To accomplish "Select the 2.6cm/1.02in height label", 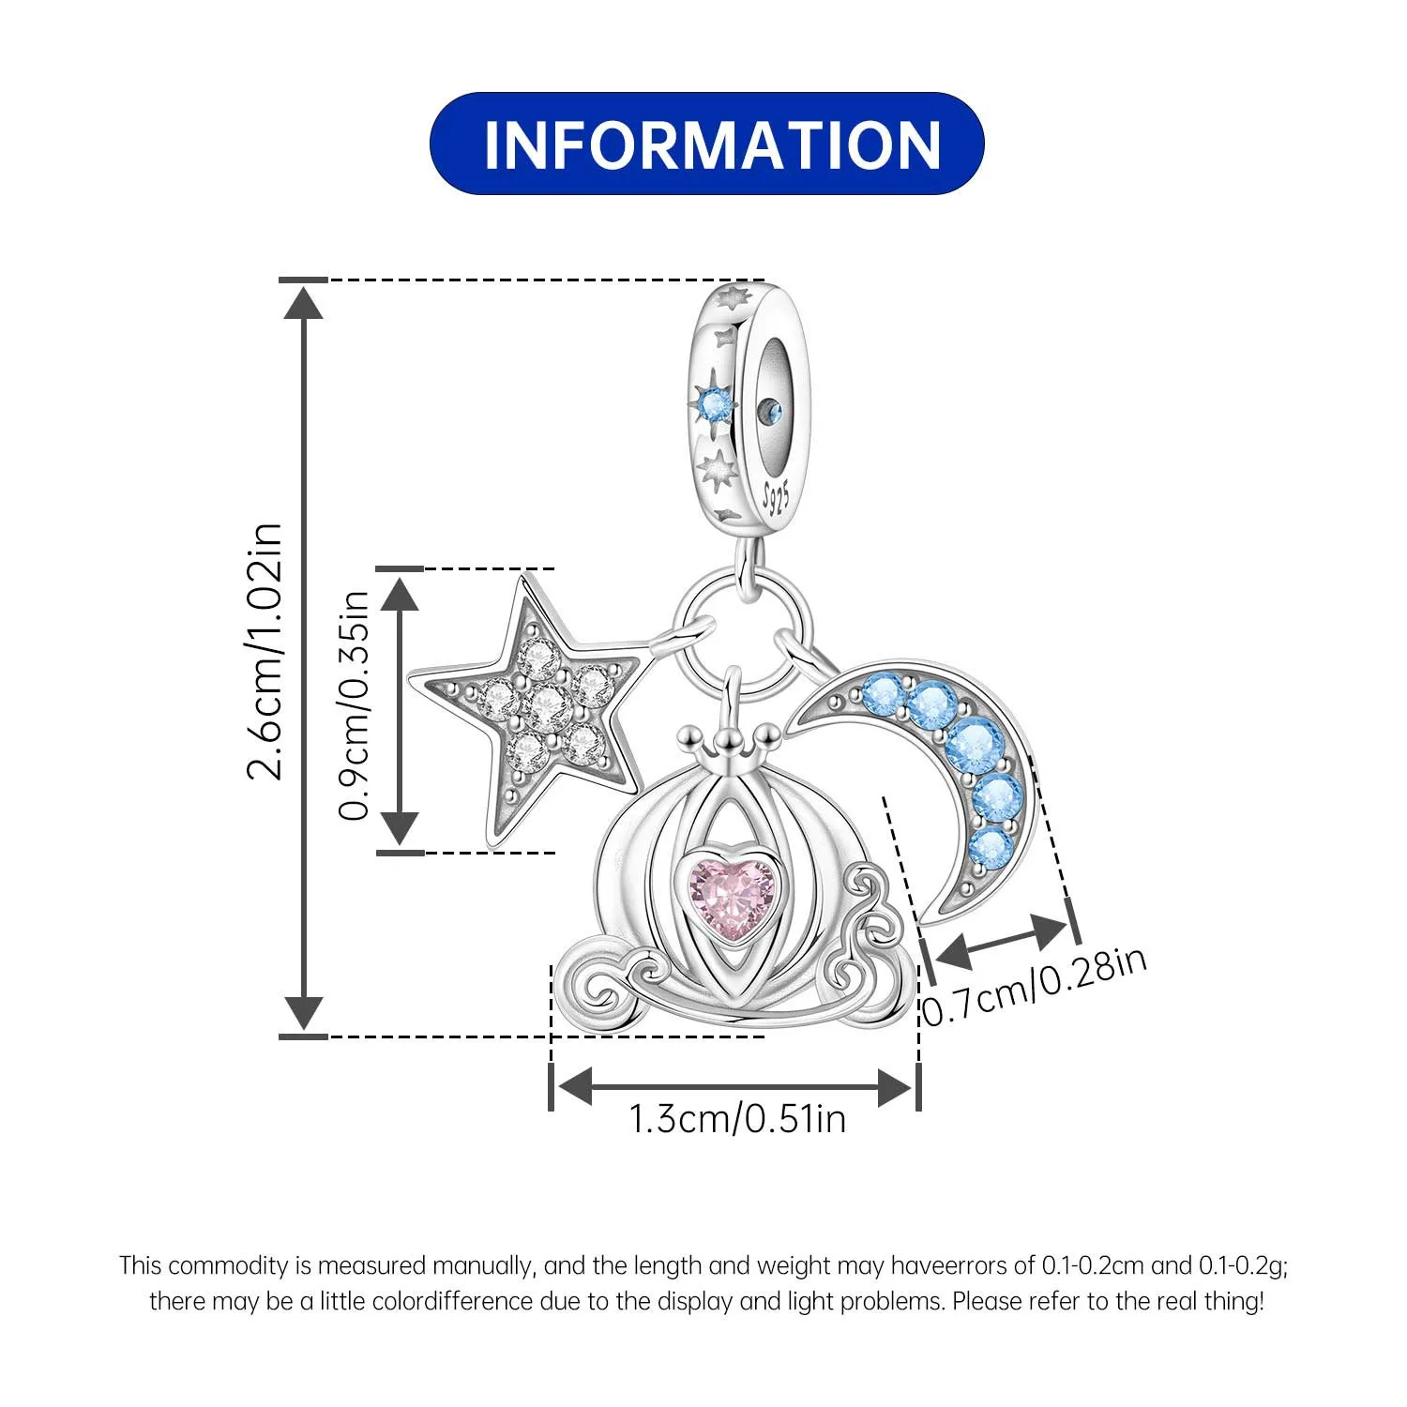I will [x=265, y=652].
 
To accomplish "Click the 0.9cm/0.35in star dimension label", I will [x=356, y=706].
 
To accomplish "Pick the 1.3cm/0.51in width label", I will [x=736, y=1119].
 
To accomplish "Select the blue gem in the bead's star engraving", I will [x=719, y=404].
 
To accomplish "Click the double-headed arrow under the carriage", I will [x=734, y=1088].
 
